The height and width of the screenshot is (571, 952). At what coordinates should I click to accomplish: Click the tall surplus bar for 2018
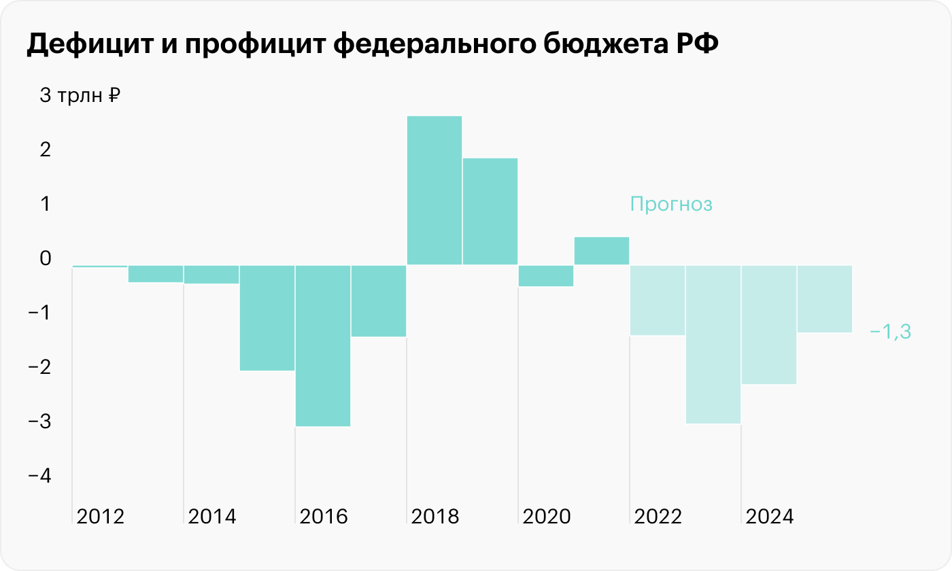[x=434, y=190]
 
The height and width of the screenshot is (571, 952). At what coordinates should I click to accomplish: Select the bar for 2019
[x=490, y=211]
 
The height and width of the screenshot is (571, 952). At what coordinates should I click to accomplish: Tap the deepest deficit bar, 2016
[x=322, y=345]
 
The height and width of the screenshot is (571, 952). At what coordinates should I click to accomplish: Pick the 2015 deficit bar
[x=267, y=317]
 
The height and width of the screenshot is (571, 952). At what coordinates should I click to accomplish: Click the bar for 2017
[x=378, y=300]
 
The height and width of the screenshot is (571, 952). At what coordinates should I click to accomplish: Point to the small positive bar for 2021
[x=601, y=251]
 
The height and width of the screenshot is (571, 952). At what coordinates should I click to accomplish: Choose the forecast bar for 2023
[x=713, y=344]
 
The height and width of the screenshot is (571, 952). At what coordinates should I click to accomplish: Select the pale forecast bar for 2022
[x=657, y=300]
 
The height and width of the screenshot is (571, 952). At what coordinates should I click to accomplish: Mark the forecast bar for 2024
[x=768, y=324]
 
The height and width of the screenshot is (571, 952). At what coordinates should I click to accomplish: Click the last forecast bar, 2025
[x=824, y=298]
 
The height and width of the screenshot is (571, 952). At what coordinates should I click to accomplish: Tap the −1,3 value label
[x=889, y=332]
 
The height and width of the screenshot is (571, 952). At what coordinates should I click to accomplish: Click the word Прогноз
[x=671, y=204]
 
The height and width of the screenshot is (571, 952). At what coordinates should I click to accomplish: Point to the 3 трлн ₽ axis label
[x=80, y=96]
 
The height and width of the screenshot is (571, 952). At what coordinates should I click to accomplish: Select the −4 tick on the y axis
[x=40, y=476]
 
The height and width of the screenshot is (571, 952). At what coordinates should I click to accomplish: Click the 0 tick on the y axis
[x=46, y=258]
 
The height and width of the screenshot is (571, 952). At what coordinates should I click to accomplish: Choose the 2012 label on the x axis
[x=101, y=517]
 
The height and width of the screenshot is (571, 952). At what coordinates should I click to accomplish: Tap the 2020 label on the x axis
[x=547, y=517]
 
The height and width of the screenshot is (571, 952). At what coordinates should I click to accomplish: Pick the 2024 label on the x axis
[x=770, y=517]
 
